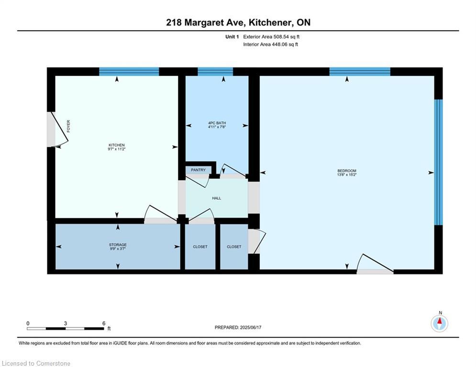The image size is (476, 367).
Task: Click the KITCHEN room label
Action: (x=117, y=145)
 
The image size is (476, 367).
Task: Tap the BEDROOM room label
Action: (x=347, y=171)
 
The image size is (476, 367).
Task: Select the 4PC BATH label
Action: (x=217, y=123)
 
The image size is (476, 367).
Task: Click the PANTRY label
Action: (x=198, y=170)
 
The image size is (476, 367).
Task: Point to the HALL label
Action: (x=216, y=198)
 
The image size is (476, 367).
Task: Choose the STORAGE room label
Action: (x=118, y=245)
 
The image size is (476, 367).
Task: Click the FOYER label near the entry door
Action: (x=68, y=126)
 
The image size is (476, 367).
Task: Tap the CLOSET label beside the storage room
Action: (x=200, y=247)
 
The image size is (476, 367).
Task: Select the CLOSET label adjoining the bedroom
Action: (x=234, y=247)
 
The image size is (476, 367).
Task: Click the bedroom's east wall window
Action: (x=438, y=162)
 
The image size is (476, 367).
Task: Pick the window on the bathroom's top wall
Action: (x=215, y=72)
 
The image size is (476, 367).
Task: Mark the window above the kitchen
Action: (x=129, y=72)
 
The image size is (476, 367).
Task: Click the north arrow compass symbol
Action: (x=439, y=324)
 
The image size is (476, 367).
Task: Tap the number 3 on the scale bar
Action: (x=65, y=324)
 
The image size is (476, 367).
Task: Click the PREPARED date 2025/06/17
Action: (x=251, y=327)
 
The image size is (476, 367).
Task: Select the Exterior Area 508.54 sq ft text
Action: (x=271, y=37)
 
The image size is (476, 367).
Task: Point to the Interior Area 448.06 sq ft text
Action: (x=270, y=44)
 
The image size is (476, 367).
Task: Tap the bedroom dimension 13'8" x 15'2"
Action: (x=347, y=175)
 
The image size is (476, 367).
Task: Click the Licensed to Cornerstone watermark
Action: (x=36, y=363)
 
